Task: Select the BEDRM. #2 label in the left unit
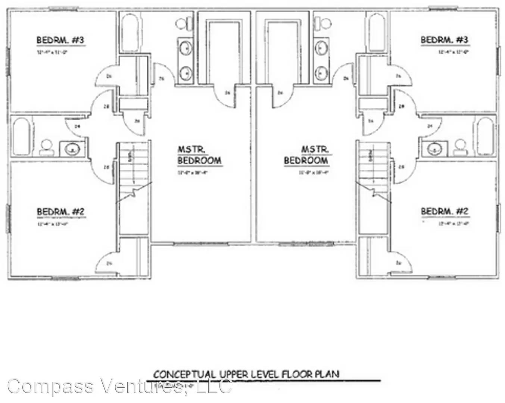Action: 61,212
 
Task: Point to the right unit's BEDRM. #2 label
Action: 445,212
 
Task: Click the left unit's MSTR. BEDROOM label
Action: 199,155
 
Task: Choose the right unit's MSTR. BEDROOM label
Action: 306,155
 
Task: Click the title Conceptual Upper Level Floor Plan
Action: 246,374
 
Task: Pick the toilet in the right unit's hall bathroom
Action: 459,148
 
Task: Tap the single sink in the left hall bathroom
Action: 72,150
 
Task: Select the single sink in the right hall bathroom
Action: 434,149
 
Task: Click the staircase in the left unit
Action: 133,172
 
